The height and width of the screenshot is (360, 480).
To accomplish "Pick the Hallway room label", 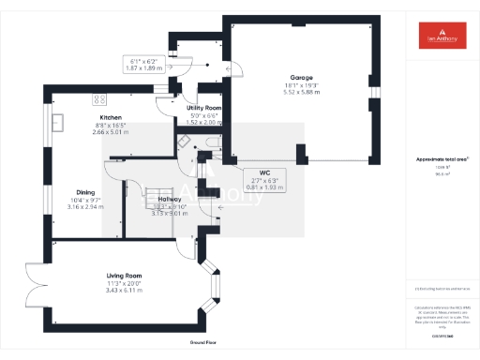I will pos(170,200).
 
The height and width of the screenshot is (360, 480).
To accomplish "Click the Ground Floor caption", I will pos(203,344).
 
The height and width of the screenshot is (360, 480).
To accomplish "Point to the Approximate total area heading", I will pos(442,159).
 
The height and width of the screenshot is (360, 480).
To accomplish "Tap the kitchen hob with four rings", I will pos(97,98).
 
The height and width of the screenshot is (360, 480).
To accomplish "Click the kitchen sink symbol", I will pos(58,121).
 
